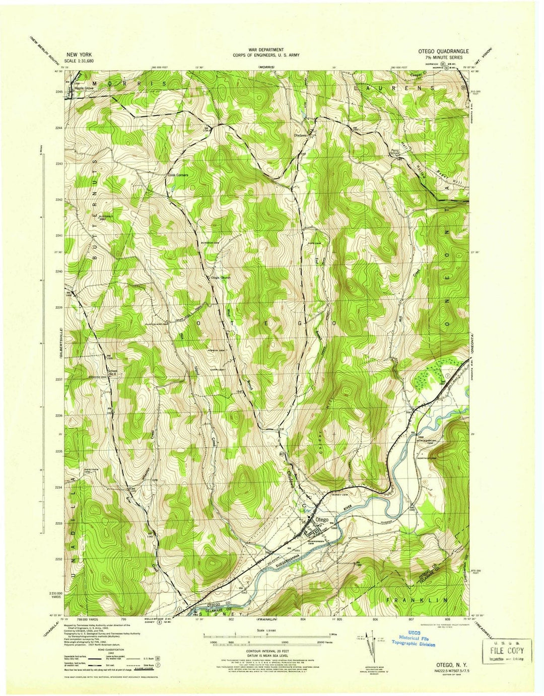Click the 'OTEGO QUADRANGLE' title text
point(443,51)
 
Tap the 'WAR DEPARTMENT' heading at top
point(265,50)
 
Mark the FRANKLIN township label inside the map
point(417,600)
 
